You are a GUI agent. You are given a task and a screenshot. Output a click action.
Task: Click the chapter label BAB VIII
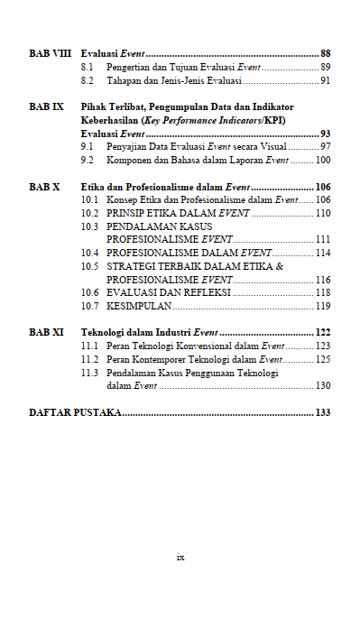click(50, 54)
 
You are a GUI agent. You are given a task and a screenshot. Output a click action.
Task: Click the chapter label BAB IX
click(46, 106)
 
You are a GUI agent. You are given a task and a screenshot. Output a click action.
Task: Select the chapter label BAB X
click(44, 187)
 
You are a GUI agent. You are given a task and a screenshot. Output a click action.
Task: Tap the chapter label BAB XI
click(46, 332)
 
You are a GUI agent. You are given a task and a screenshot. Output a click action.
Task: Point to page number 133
click(323, 412)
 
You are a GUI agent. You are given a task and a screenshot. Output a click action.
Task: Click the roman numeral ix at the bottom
click(180, 557)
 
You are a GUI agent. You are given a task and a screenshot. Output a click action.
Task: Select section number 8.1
click(88, 68)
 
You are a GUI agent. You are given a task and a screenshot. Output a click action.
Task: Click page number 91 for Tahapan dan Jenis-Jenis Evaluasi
click(325, 81)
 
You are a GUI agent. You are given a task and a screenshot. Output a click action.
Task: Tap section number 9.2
click(88, 160)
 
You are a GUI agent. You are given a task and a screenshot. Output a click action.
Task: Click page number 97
click(325, 146)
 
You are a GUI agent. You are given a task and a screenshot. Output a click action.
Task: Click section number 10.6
click(89, 293)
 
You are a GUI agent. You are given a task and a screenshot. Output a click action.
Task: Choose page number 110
click(323, 213)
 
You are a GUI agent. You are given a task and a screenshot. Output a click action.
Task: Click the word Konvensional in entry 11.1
click(189, 346)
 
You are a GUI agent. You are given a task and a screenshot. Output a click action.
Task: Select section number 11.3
click(89, 372)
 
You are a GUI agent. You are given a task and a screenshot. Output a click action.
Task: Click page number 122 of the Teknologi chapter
click(323, 332)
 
